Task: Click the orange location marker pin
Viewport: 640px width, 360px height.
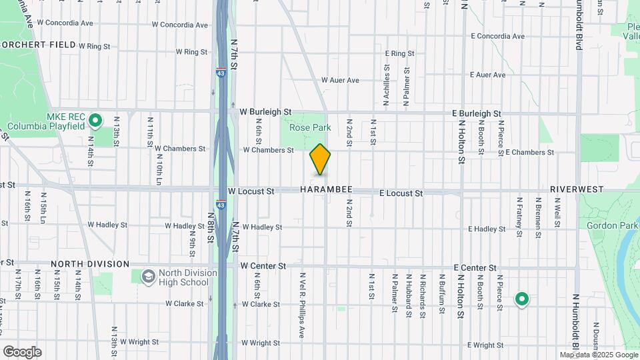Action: pos(320,159)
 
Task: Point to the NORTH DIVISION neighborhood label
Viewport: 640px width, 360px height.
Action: pos(89,264)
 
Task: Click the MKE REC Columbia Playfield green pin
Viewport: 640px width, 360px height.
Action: pos(95,121)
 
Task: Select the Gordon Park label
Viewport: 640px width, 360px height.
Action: pos(608,225)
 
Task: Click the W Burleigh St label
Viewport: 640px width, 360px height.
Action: pos(265,112)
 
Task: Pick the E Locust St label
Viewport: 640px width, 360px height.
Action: pos(401,193)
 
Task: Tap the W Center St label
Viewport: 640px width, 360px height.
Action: pos(263,266)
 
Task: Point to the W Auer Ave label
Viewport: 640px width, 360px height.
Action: pos(340,80)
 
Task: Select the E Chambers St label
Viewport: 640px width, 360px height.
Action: pos(529,152)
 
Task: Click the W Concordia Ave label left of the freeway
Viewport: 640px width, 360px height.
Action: pos(180,25)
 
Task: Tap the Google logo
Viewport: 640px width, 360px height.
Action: pos(22,352)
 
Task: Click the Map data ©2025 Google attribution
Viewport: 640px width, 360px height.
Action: pos(598,355)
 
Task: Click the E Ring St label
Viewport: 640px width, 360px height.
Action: pos(400,53)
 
